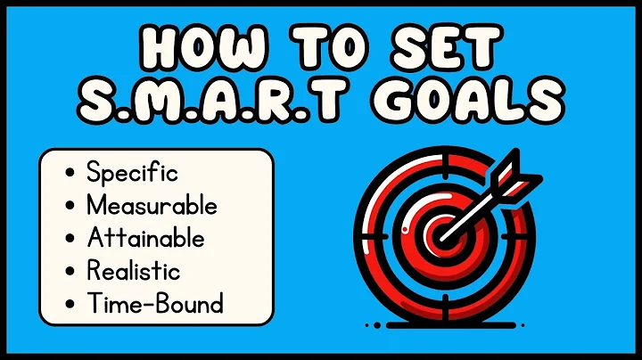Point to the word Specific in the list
coord(132,172)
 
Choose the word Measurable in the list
coord(152,205)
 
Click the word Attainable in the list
coord(145,238)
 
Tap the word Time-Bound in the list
coord(154,304)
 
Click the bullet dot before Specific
coord(70,173)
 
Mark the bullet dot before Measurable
coord(70,206)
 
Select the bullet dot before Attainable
coord(70,239)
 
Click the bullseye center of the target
coord(442,233)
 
